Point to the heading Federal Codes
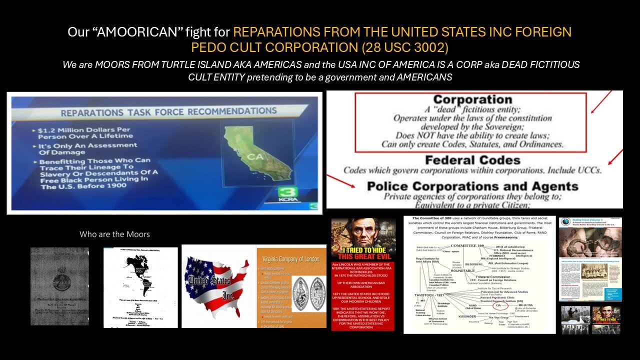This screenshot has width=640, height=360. click(x=472, y=160)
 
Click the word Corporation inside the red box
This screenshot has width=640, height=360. click(x=472, y=100)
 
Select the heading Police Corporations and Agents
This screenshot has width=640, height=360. click(x=472, y=186)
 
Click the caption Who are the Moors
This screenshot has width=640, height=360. click(x=114, y=234)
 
